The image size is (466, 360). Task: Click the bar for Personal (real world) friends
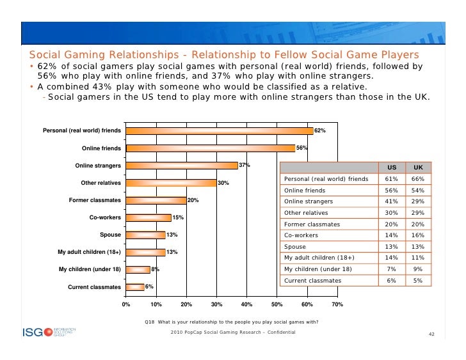(219, 130)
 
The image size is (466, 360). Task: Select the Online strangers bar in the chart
(181, 166)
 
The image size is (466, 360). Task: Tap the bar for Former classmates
(156, 200)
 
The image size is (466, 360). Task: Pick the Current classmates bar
(134, 287)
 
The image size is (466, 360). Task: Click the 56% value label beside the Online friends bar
(302, 148)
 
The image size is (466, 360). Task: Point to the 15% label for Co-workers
(179, 218)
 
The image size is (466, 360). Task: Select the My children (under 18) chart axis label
(90, 269)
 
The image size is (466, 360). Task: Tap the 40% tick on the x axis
(246, 304)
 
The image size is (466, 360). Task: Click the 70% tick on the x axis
(337, 304)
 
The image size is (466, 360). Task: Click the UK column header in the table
(418, 168)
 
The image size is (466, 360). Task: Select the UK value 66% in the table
(418, 180)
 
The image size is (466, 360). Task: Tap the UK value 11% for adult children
(418, 257)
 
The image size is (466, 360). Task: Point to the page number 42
(431, 334)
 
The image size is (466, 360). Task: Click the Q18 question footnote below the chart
(231, 321)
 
